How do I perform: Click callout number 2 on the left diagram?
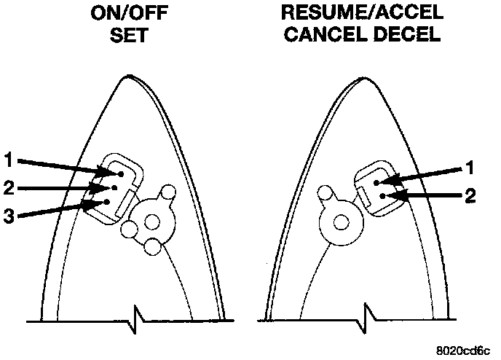point(9,187)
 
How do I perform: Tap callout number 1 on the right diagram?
point(472,167)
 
